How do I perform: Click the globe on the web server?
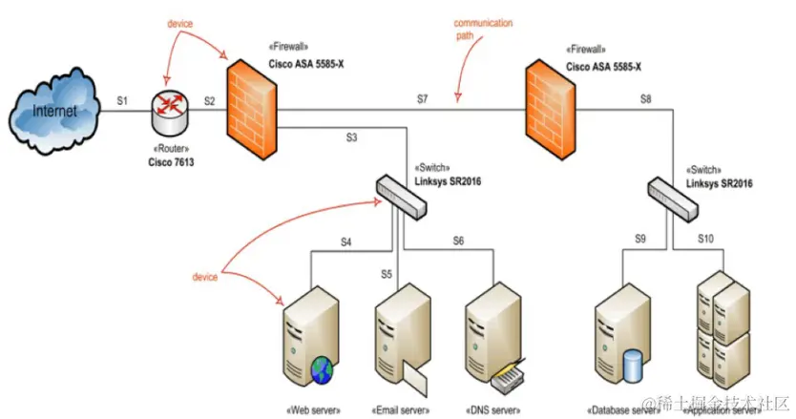pyautogui.click(x=321, y=367)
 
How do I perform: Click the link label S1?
pyautogui.click(x=122, y=99)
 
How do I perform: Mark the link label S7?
pyautogui.click(x=423, y=99)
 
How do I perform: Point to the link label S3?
pyautogui.click(x=351, y=137)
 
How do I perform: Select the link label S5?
pyautogui.click(x=387, y=274)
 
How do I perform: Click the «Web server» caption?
pyautogui.click(x=311, y=409)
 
